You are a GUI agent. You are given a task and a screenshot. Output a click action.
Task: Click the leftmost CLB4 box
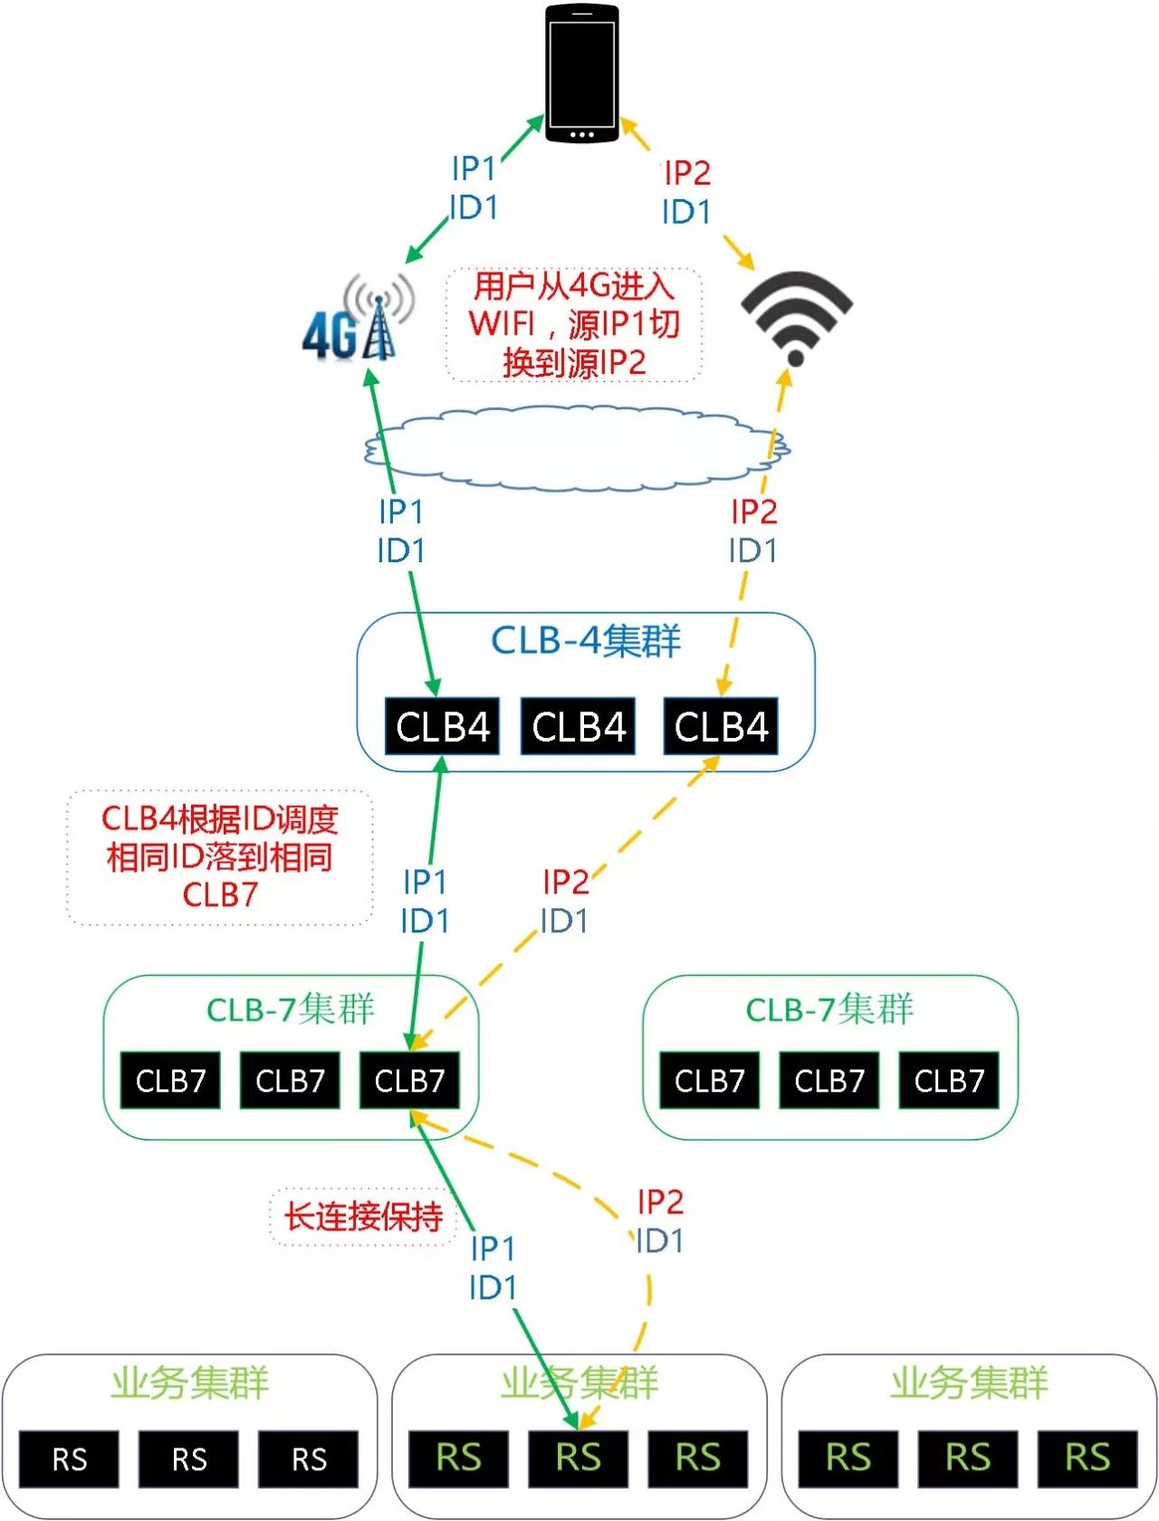[442, 726]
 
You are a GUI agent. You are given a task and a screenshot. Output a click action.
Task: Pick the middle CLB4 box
[578, 726]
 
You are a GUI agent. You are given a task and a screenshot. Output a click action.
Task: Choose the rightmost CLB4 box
[721, 726]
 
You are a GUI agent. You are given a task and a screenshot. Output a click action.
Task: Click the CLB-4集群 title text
[585, 641]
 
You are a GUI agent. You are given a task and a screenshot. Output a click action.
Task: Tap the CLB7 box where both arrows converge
[409, 1080]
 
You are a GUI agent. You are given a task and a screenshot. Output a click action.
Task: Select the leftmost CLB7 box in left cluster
[170, 1080]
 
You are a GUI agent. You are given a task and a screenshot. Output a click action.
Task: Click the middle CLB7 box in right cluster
[829, 1080]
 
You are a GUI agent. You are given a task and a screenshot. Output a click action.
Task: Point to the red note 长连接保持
[363, 1217]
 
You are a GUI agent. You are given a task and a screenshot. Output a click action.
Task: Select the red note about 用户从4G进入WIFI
[574, 324]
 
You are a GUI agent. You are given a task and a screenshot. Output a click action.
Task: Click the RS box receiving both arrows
[578, 1459]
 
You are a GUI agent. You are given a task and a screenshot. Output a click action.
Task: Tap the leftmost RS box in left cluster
[69, 1459]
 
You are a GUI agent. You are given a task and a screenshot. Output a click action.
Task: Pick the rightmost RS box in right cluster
[1087, 1459]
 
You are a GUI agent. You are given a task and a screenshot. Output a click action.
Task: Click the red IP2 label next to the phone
[687, 172]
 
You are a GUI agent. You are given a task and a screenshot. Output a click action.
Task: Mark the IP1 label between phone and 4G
[474, 168]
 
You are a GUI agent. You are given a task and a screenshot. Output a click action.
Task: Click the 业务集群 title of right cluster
[968, 1382]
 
